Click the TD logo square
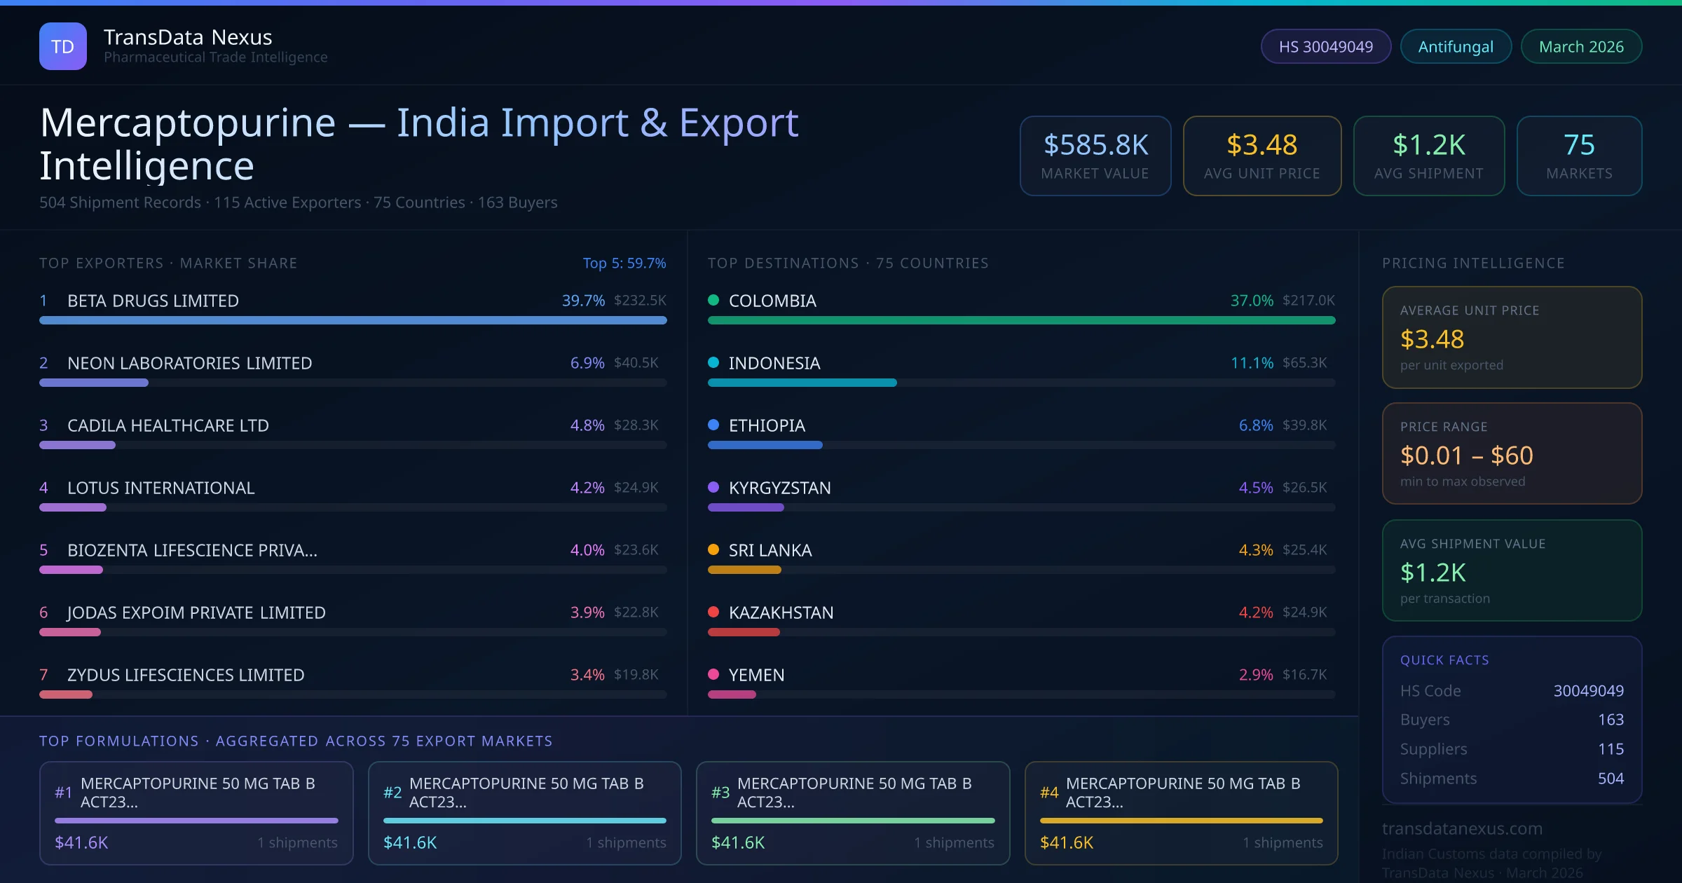[63, 46]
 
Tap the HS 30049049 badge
[1325, 46]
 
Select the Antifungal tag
[1456, 46]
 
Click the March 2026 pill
[1581, 46]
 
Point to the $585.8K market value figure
[1095, 145]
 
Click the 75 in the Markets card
[1579, 145]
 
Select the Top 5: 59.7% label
[624, 263]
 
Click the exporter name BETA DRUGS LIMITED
[153, 301]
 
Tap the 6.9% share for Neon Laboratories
[587, 363]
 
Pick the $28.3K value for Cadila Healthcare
[636, 425]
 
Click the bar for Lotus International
[73, 507]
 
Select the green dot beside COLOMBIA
[713, 300]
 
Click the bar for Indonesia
[802, 383]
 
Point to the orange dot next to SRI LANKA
[713, 549]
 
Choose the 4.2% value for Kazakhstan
[1255, 612]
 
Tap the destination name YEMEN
[756, 675]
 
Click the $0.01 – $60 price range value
[1466, 456]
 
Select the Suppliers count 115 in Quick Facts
[1611, 749]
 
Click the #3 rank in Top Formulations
[720, 793]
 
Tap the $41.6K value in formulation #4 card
[1066, 842]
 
